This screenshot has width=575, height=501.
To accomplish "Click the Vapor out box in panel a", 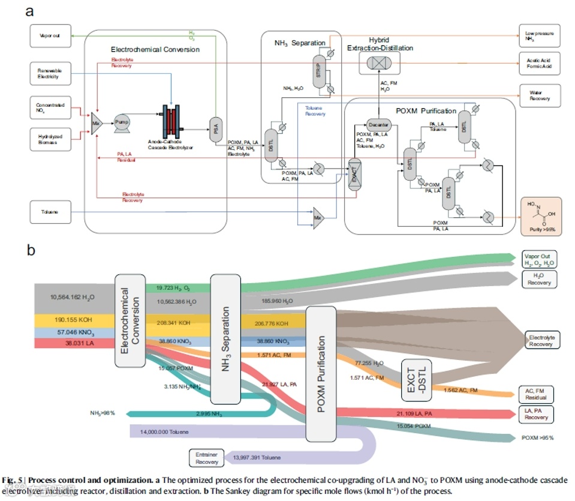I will [x=50, y=36].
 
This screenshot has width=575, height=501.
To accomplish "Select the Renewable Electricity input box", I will [x=50, y=74].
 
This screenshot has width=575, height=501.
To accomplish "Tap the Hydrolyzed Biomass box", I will [x=50, y=140].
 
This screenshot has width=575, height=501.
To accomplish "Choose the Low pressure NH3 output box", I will [x=540, y=37].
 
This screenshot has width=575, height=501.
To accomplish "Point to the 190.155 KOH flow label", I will [x=69, y=320].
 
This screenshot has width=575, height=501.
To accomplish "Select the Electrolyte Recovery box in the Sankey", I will [x=540, y=341].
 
